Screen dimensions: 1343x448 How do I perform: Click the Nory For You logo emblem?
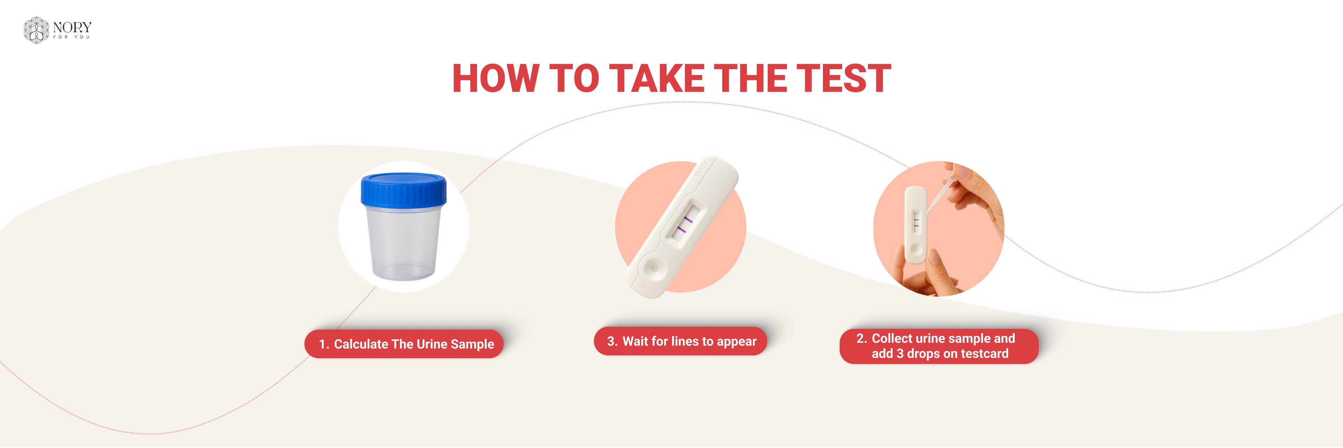click(36, 30)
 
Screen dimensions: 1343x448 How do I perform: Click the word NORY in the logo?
click(72, 27)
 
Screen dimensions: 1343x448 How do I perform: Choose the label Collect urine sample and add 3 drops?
click(939, 346)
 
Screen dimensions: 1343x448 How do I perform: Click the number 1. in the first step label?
click(324, 344)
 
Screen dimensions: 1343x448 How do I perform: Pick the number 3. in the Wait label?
click(612, 342)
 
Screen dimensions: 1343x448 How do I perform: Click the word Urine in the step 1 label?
click(432, 344)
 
